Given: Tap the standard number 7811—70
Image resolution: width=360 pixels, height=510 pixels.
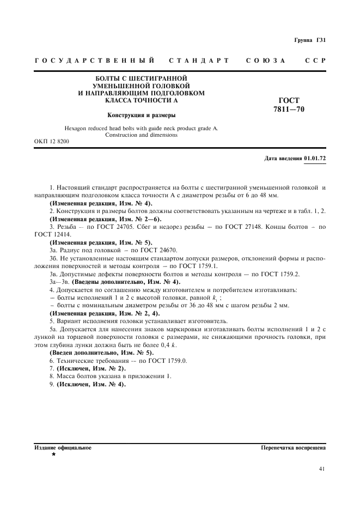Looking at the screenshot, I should [x=289, y=109].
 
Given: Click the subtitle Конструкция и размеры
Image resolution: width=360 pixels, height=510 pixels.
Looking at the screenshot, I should [x=141, y=115].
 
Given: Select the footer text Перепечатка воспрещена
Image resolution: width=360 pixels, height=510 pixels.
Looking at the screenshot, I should [x=294, y=447].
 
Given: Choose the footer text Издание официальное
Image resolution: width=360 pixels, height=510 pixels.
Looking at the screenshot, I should [x=63, y=447].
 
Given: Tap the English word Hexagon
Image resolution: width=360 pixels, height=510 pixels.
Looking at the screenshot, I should [x=78, y=128].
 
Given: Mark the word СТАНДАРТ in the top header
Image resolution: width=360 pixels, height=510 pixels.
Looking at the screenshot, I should [x=199, y=60].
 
